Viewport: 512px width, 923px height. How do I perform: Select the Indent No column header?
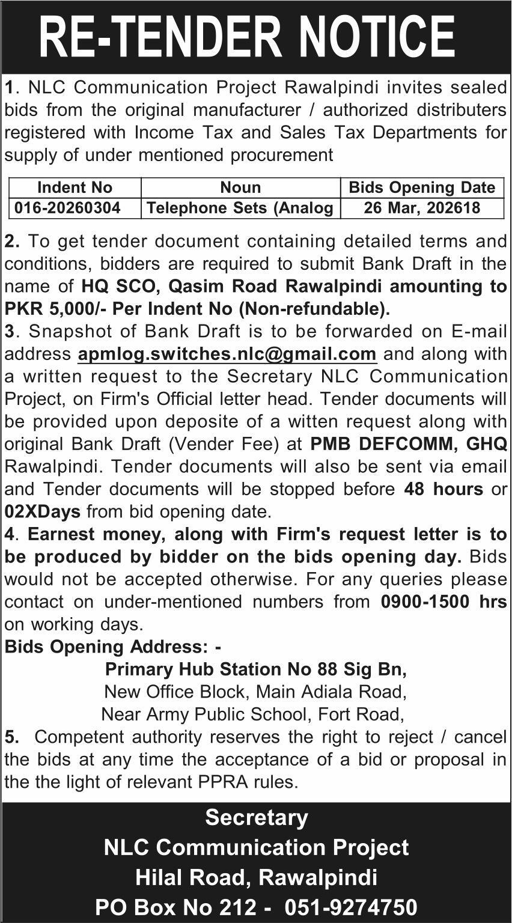pyautogui.click(x=75, y=187)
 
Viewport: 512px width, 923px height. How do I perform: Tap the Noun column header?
pyautogui.click(x=240, y=187)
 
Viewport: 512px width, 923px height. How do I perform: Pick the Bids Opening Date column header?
pyautogui.click(x=422, y=187)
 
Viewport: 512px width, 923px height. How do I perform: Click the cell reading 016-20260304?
pyautogui.click(x=68, y=208)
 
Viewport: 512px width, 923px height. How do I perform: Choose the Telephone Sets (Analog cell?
pyautogui.click(x=240, y=208)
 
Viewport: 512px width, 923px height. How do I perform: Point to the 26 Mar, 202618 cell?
pyautogui.click(x=422, y=208)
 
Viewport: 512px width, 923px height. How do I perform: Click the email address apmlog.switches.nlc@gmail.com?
pyautogui.click(x=227, y=354)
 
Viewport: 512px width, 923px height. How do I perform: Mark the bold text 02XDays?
pyautogui.click(x=43, y=512)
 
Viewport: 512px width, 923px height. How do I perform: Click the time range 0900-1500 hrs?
pyautogui.click(x=444, y=602)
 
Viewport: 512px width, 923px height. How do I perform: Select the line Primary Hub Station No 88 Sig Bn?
pyautogui.click(x=256, y=669)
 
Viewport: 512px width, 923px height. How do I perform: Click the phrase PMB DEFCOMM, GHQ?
pyautogui.click(x=409, y=444)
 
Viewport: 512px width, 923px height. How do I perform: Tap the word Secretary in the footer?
pyautogui.click(x=256, y=817)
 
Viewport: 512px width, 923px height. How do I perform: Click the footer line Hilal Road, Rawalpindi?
pyautogui.click(x=256, y=877)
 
